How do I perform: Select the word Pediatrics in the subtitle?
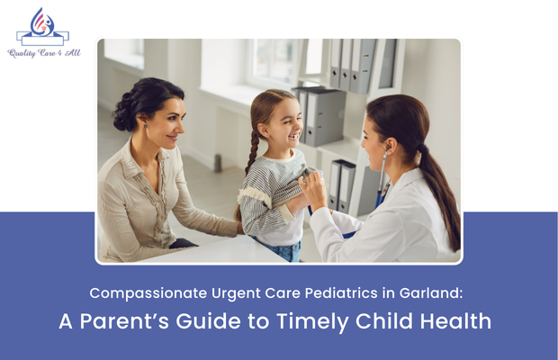(x=347, y=293)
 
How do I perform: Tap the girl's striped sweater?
(x=270, y=193)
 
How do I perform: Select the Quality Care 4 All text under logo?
(x=42, y=53)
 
